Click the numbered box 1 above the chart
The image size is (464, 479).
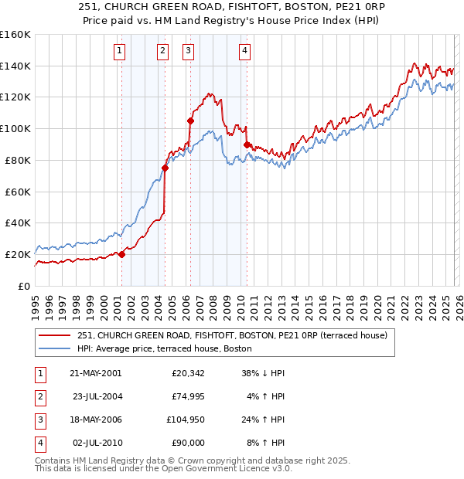(x=121, y=52)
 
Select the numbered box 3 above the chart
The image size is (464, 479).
(x=189, y=52)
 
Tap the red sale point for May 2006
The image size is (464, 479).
(x=189, y=121)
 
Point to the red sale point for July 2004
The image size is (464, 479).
(x=165, y=168)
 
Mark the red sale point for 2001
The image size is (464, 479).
(x=121, y=254)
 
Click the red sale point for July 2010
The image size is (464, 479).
(x=246, y=144)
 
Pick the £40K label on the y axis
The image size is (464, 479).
(x=17, y=223)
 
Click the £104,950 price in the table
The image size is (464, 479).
(x=183, y=421)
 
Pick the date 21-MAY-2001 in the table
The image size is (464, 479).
(x=95, y=373)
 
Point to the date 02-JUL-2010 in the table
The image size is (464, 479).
(x=95, y=443)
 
